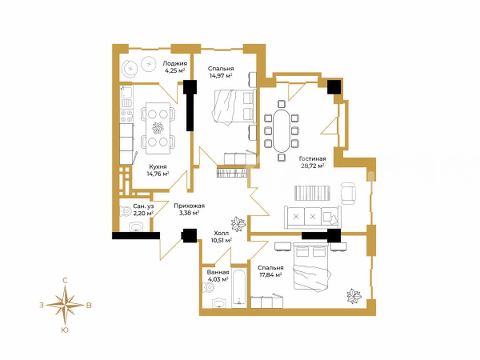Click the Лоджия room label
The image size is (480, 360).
174,64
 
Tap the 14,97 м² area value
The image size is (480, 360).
220,75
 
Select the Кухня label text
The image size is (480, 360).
158,167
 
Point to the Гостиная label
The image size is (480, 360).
312,159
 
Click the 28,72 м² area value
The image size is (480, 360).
312,166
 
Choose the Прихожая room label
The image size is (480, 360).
189,206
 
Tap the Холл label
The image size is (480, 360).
221,233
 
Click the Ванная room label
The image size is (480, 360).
218,272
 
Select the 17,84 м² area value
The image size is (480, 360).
270,275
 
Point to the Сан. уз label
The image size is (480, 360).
143,206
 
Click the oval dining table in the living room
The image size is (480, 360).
281,131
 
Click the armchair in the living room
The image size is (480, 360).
348,194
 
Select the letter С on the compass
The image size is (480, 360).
65,280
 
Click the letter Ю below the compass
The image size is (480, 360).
65,330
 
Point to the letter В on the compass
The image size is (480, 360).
89,305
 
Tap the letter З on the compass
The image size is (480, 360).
41,305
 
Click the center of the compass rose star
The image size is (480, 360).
65,305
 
